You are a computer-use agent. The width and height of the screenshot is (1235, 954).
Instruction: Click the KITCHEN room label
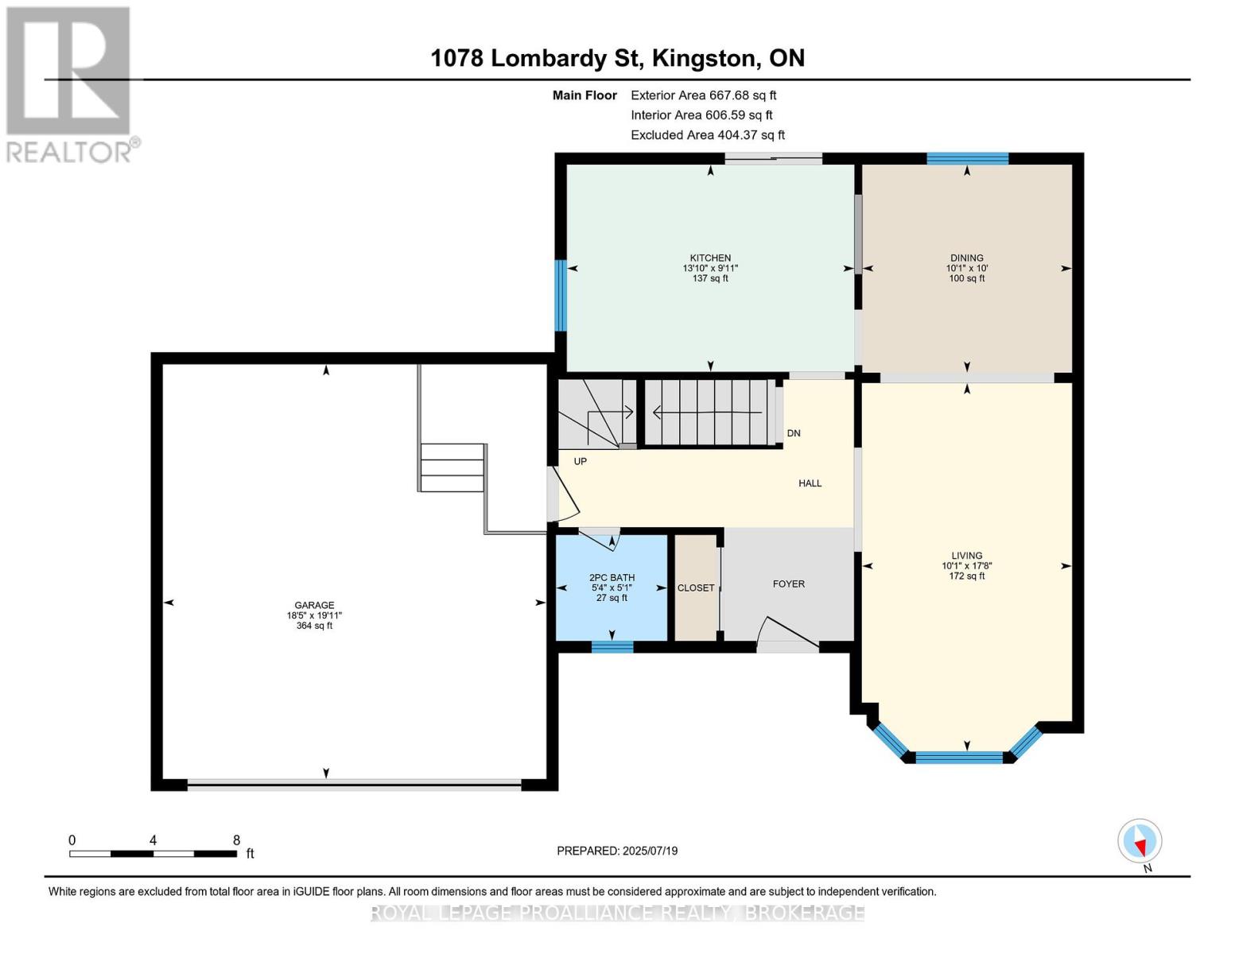tap(710, 258)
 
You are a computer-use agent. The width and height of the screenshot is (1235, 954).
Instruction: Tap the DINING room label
tap(966, 258)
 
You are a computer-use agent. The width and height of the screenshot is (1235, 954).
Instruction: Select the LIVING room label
tap(966, 556)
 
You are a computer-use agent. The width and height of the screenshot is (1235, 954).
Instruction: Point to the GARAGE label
tap(314, 605)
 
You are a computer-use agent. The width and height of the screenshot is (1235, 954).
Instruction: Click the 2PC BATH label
tap(612, 577)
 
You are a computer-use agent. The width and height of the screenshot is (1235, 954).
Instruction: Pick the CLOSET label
tap(696, 588)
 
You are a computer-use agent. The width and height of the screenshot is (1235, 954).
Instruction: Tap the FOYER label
tap(788, 584)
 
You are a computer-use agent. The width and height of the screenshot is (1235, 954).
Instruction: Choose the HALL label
tap(810, 483)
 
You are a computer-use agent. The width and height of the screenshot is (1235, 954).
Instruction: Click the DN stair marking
tap(794, 433)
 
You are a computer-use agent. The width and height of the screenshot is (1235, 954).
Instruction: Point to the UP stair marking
tap(580, 461)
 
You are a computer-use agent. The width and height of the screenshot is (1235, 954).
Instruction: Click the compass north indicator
tap(1140, 841)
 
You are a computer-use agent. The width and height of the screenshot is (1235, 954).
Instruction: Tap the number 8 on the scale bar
tap(236, 840)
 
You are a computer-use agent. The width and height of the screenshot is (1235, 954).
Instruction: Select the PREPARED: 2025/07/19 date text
tap(617, 851)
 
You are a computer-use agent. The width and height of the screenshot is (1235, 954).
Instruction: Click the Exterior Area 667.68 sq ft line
tap(703, 95)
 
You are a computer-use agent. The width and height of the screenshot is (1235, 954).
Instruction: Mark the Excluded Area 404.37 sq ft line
tap(708, 135)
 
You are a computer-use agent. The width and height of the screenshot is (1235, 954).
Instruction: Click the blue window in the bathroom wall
tap(612, 646)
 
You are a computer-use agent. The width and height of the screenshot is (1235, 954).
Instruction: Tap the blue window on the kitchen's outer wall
tap(561, 296)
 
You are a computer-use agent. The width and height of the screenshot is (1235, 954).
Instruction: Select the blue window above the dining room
tap(967, 158)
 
